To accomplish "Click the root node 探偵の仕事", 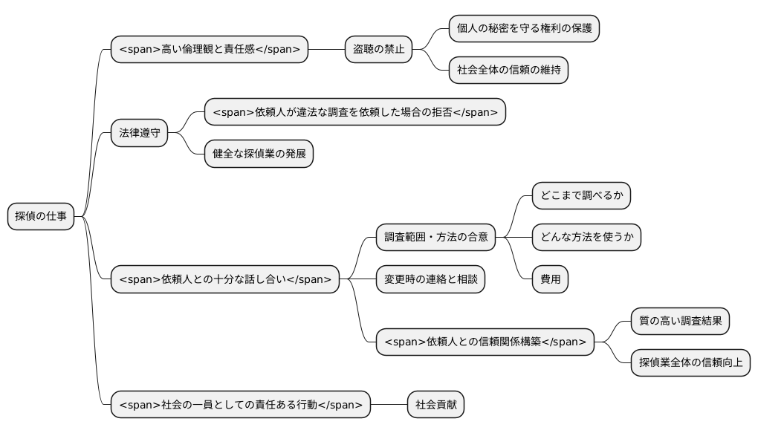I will click(41, 216).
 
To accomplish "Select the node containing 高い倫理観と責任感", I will click(209, 50).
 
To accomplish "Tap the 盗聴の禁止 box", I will click(378, 50).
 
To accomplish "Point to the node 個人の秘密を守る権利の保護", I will click(524, 29).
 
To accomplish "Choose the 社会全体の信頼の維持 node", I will click(509, 71).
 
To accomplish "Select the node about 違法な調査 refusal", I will click(354, 112).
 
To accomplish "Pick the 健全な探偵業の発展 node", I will click(259, 154).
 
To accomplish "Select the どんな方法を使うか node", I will click(586, 238).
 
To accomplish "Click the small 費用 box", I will click(551, 279).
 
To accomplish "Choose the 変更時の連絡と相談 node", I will click(430, 279).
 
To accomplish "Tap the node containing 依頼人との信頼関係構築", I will click(485, 342).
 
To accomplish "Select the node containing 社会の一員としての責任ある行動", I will click(240, 405).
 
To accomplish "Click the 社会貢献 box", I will click(435, 405).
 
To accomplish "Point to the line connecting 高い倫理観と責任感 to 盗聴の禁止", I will click(326, 50).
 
